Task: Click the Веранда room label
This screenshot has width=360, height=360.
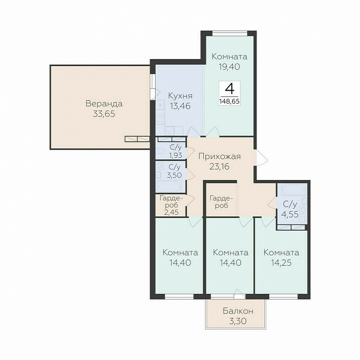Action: pyautogui.click(x=104, y=104)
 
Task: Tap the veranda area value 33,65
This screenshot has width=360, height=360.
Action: pyautogui.click(x=104, y=114)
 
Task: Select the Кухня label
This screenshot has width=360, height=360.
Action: pyautogui.click(x=180, y=96)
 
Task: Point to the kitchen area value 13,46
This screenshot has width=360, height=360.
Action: pyautogui.click(x=180, y=106)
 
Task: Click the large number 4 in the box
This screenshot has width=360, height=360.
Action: pyautogui.click(x=230, y=89)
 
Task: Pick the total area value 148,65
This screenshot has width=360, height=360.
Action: pyautogui.click(x=230, y=101)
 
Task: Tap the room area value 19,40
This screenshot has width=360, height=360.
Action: pyautogui.click(x=230, y=66)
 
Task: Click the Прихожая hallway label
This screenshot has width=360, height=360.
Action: pyautogui.click(x=220, y=156)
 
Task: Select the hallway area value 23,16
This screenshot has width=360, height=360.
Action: pyautogui.click(x=219, y=167)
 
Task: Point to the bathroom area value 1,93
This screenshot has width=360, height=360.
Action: pyautogui.click(x=176, y=155)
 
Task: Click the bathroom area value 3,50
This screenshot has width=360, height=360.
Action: pyautogui.click(x=174, y=176)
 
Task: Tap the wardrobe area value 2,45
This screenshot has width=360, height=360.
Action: pyautogui.click(x=171, y=212)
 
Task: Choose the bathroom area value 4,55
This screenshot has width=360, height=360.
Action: pyautogui.click(x=290, y=214)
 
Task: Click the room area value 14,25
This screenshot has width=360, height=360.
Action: pyautogui.click(x=281, y=263)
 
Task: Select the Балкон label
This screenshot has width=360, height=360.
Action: pyautogui.click(x=238, y=311)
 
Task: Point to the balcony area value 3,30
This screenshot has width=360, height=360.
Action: pyautogui.click(x=238, y=321)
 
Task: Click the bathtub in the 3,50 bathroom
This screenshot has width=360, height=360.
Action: pyautogui.click(x=169, y=186)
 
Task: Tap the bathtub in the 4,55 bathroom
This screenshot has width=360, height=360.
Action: pyautogui.click(x=295, y=189)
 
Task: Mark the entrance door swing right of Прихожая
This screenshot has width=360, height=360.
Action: pyautogui.click(x=261, y=158)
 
